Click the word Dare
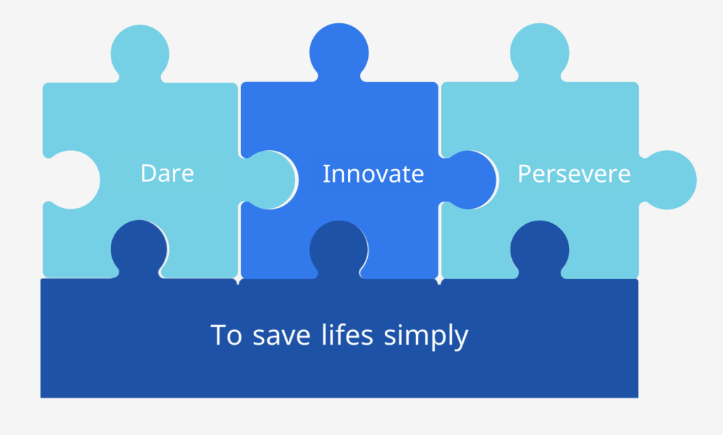(x=167, y=173)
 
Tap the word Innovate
(x=373, y=174)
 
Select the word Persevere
(x=574, y=174)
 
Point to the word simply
(x=426, y=336)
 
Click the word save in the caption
(x=281, y=336)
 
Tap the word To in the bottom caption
(x=226, y=335)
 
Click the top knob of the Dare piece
(x=140, y=54)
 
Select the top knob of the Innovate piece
(x=339, y=52)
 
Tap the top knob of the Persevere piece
(x=539, y=52)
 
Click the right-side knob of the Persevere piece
(x=669, y=180)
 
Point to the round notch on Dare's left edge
(x=71, y=180)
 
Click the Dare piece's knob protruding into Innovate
(x=269, y=180)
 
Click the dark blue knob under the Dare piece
(x=139, y=249)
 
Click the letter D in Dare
(x=148, y=173)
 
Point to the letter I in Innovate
(x=325, y=174)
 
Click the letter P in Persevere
(x=525, y=174)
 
